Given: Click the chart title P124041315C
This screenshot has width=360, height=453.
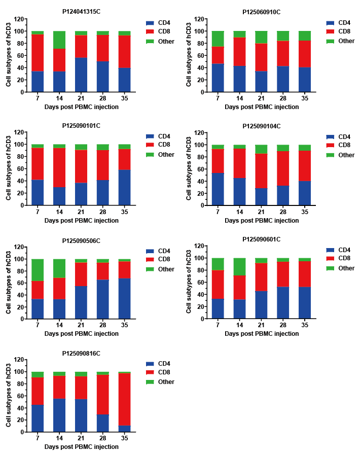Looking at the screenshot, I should click(x=81, y=12).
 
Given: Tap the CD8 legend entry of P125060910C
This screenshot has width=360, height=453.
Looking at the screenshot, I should click(x=344, y=32).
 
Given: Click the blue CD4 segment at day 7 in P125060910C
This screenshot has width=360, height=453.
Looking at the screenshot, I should click(x=218, y=78).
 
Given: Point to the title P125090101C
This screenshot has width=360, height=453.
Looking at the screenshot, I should click(x=81, y=125).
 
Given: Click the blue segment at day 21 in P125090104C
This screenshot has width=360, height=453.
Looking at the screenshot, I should click(x=261, y=197).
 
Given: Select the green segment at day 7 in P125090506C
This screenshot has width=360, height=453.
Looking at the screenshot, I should click(x=38, y=270).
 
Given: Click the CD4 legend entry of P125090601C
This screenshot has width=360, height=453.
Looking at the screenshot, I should click(x=344, y=250).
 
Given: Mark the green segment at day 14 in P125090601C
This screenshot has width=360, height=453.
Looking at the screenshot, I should click(x=239, y=267).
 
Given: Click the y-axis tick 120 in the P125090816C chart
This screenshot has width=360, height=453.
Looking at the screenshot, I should click(x=19, y=360).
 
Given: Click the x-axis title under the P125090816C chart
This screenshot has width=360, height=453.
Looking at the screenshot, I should click(x=81, y=447).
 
